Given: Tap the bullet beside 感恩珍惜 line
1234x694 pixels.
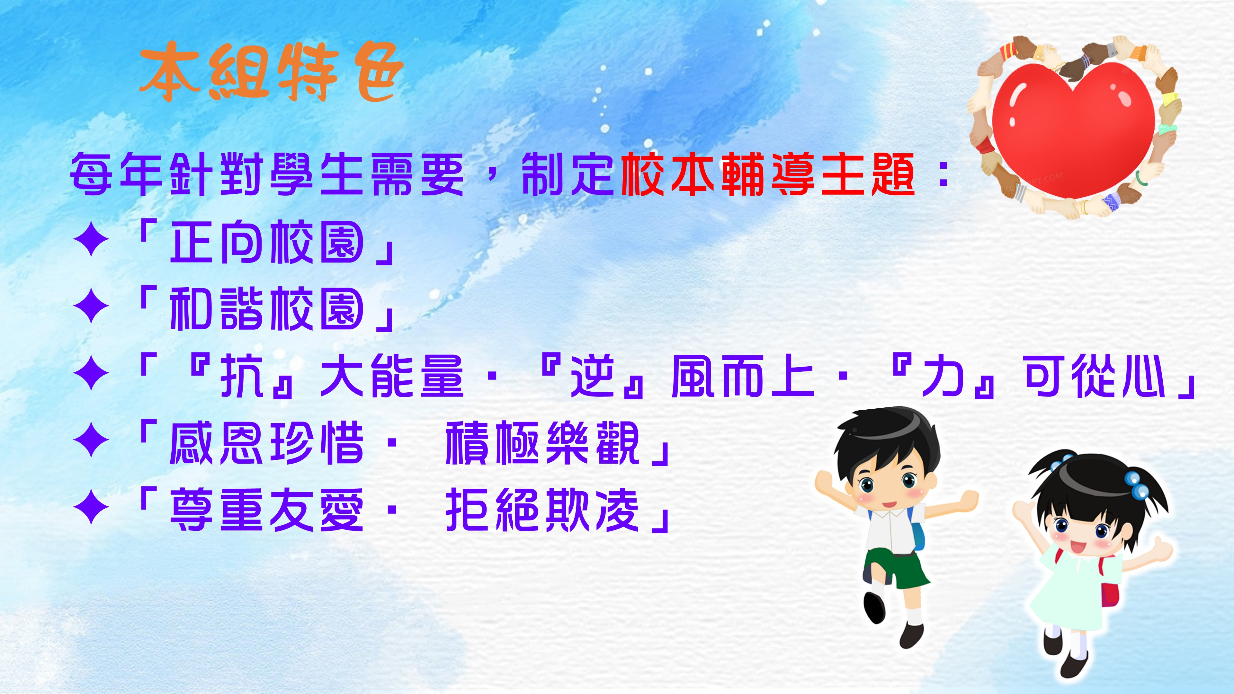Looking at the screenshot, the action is (x=91, y=439).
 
